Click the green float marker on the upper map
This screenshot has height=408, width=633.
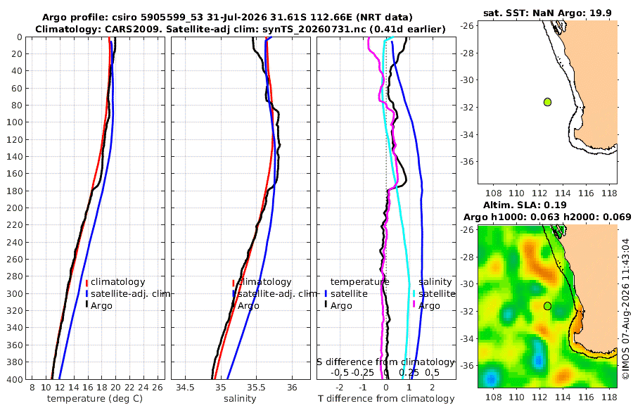[x=547, y=102]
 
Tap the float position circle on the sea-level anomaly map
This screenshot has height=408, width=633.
[x=547, y=306]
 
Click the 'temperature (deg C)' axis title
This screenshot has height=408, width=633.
[x=95, y=399]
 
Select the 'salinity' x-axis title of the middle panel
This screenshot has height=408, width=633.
[x=240, y=399]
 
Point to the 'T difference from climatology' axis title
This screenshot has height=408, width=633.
[x=386, y=399]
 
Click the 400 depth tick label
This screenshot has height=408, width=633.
[x=15, y=379]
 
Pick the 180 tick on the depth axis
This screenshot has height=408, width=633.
[x=15, y=191]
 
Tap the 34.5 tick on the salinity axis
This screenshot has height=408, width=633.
[x=185, y=388]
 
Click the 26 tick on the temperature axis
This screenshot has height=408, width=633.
[x=158, y=388]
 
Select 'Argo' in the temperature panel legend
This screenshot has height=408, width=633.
[x=101, y=306]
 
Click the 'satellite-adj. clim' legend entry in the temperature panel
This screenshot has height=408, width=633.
[x=130, y=293]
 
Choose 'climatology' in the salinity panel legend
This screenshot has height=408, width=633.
[x=264, y=281]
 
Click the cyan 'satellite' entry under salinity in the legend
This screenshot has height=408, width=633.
[x=437, y=293]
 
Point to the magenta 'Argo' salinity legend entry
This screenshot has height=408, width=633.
[x=429, y=306]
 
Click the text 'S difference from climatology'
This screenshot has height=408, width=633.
[x=386, y=362]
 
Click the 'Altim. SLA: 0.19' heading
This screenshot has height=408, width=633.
[x=525, y=205]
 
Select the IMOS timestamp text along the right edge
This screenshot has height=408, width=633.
[x=626, y=309]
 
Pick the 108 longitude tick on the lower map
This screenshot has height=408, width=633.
[x=493, y=397]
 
